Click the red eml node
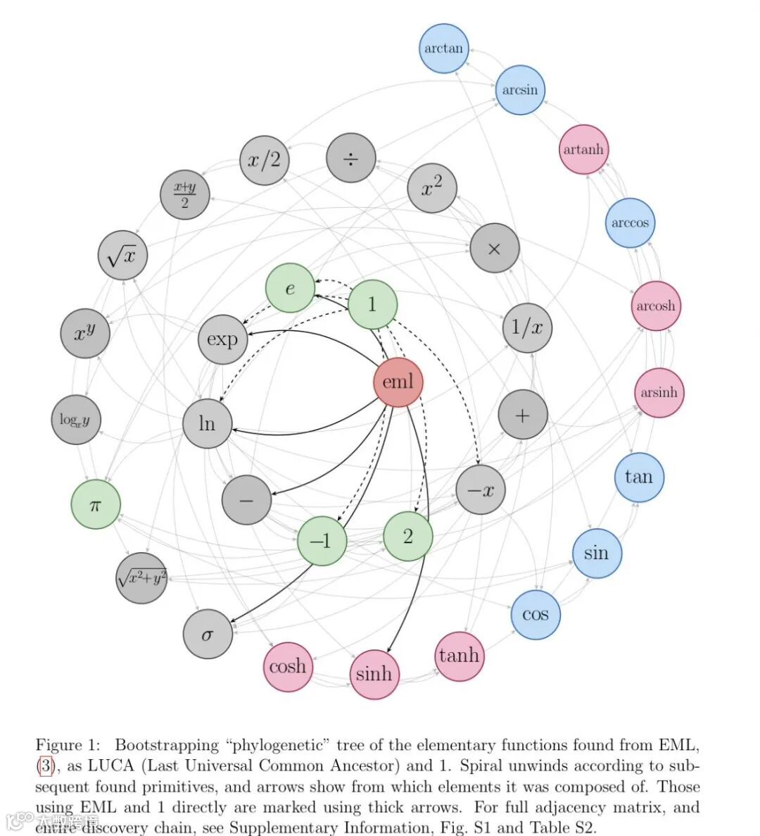tap(398, 382)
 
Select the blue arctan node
tap(443, 49)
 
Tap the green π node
tap(96, 504)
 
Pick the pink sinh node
tap(374, 674)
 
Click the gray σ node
tap(208, 634)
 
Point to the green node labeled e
tap(290, 288)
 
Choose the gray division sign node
tap(350, 158)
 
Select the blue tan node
tap(639, 477)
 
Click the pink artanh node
tap(583, 149)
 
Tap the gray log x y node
tap(75, 420)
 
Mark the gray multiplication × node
tap(494, 249)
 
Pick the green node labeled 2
tap(408, 536)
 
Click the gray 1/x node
tap(527, 327)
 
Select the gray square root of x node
tap(122, 256)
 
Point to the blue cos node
tap(536, 614)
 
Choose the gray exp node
tap(222, 339)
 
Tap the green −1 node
tap(321, 541)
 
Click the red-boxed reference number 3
tap(45, 766)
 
